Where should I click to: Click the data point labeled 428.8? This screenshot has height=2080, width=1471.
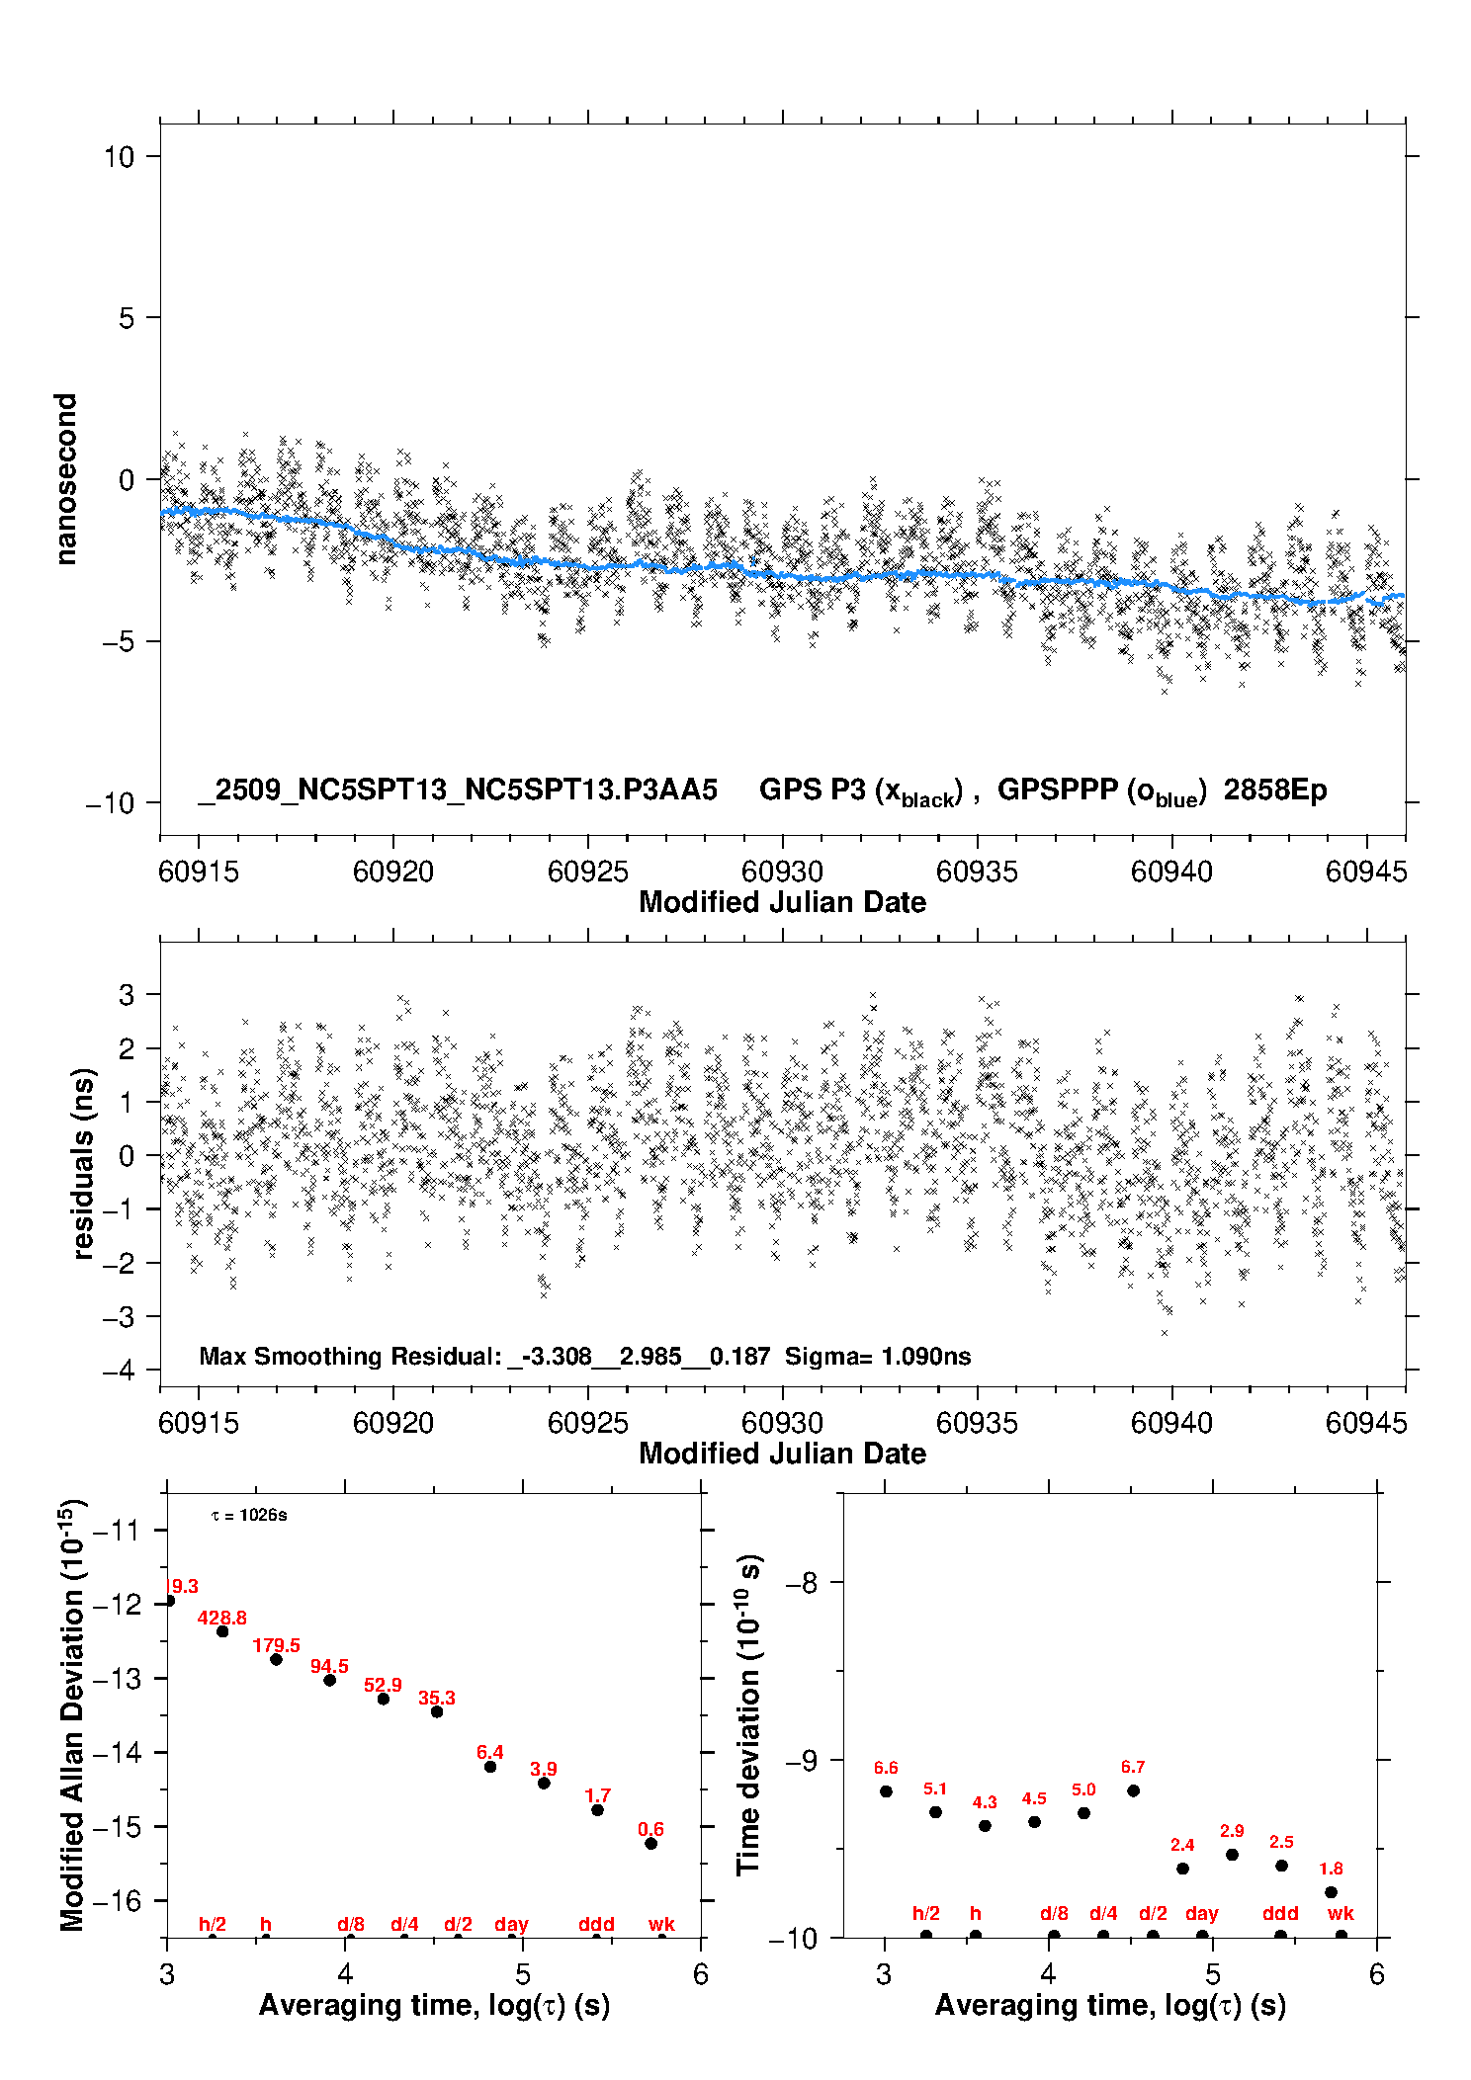tap(222, 1631)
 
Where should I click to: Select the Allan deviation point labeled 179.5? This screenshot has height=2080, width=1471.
tap(276, 1659)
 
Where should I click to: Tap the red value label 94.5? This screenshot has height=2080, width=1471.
tap(329, 1666)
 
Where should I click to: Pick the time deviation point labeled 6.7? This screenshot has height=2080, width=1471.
tap(1133, 1790)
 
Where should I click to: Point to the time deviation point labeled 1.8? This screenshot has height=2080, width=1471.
tap(1331, 1892)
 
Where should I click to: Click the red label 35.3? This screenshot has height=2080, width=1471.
tap(436, 1698)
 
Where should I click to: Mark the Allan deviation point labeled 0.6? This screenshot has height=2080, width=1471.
tap(650, 1843)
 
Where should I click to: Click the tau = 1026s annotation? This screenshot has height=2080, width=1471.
tap(249, 1516)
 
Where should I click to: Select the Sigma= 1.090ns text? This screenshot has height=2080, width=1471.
tap(878, 1356)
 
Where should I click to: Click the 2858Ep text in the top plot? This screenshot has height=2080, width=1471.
tap(1275, 790)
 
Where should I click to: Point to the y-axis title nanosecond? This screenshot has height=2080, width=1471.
tap(66, 479)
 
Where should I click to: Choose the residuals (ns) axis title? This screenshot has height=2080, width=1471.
tap(84, 1163)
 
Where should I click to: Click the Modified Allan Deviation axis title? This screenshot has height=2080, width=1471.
tap(72, 1714)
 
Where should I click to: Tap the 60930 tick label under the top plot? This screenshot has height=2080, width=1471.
tap(782, 872)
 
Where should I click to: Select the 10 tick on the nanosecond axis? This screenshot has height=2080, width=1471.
tap(120, 156)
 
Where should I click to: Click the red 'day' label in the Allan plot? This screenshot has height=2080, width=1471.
tap(511, 1924)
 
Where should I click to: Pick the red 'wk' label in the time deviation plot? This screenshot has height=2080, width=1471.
tap(1341, 1913)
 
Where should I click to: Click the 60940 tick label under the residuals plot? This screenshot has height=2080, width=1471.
tap(1171, 1423)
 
